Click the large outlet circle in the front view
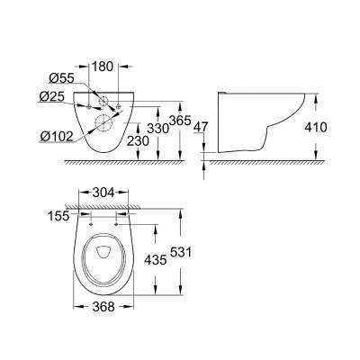tap(105, 127)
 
